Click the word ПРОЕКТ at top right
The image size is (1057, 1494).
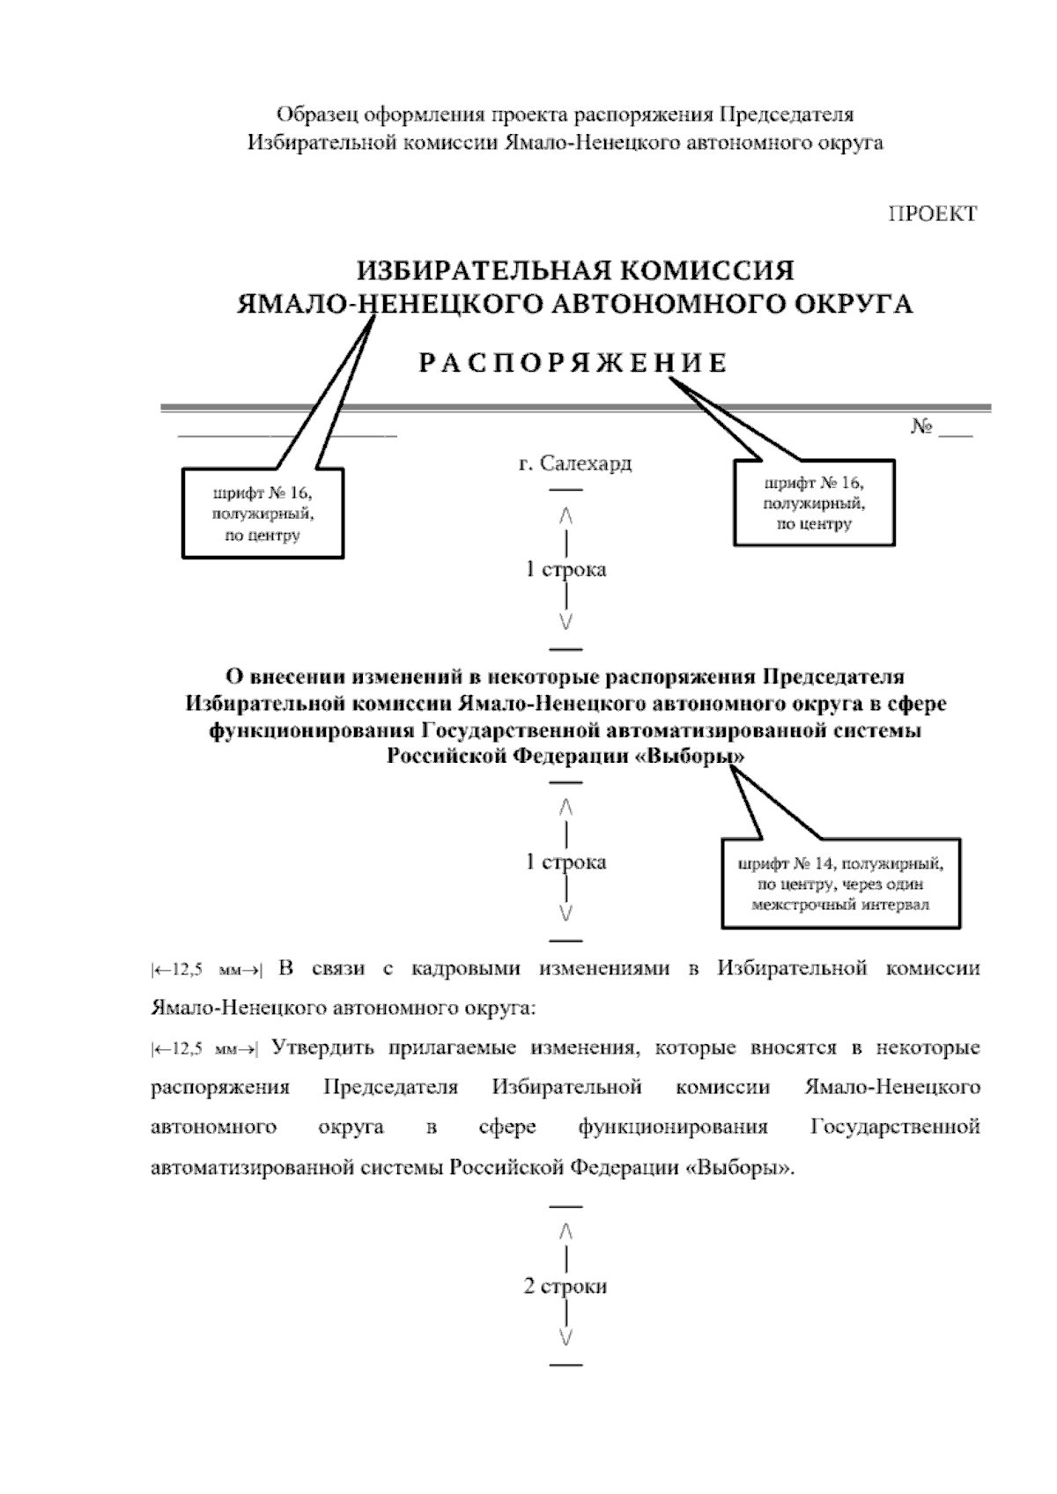931,214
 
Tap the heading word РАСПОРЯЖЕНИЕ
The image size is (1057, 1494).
573,363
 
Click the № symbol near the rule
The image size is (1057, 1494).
921,427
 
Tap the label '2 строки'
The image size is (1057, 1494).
565,1286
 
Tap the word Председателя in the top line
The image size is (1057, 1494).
787,115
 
